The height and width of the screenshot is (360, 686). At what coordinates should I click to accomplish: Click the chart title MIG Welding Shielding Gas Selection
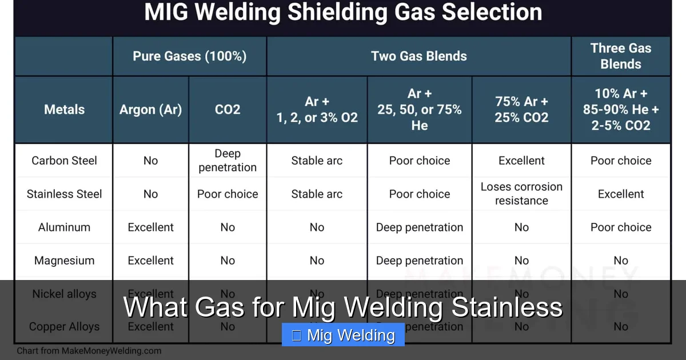click(x=343, y=13)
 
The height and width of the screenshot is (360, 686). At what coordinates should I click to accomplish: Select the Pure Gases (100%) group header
click(x=189, y=56)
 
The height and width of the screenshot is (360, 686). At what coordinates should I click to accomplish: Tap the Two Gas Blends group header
click(x=418, y=56)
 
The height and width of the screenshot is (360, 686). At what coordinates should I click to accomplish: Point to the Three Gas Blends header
click(x=621, y=56)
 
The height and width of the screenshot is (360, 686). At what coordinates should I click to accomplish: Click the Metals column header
click(x=64, y=110)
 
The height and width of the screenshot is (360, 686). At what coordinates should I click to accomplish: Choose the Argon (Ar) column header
click(x=150, y=110)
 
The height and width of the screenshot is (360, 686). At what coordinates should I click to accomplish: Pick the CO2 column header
click(x=228, y=110)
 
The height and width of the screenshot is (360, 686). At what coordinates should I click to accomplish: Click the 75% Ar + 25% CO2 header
click(x=521, y=110)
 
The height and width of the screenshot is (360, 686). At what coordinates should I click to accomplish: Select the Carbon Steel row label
click(x=64, y=161)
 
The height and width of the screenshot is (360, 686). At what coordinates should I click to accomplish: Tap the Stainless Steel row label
click(x=64, y=194)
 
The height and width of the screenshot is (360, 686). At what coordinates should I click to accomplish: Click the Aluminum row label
click(x=64, y=227)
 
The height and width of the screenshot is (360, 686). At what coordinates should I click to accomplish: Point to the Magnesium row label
click(x=64, y=261)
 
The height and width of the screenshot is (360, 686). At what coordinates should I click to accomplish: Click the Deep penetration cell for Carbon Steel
click(x=228, y=161)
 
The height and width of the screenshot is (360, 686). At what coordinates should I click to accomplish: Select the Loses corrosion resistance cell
click(x=521, y=194)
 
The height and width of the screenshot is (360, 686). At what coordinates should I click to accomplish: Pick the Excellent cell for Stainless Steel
click(x=621, y=194)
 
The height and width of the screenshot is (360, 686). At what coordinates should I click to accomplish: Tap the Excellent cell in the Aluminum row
click(x=150, y=227)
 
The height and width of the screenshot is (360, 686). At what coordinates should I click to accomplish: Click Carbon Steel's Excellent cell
click(x=521, y=161)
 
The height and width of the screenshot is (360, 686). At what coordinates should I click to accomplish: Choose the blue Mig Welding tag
click(x=343, y=335)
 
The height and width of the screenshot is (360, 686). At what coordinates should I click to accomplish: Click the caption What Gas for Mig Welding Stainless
click(x=343, y=307)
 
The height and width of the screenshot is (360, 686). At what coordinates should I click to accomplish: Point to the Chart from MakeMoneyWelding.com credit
click(x=89, y=351)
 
